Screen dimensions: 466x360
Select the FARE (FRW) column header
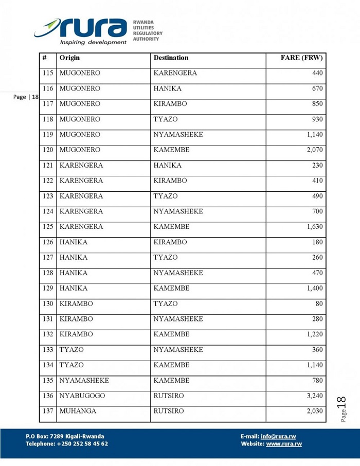[x=301, y=58]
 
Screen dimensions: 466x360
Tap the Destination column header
[x=171, y=58]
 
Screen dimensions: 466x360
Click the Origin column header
[x=69, y=58]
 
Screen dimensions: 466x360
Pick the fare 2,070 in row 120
[x=314, y=150]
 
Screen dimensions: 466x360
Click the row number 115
[x=48, y=74]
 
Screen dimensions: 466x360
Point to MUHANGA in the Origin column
[x=78, y=411]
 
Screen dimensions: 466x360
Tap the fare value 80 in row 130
[x=319, y=304]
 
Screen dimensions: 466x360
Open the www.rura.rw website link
[x=284, y=444]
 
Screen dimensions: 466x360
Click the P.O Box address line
[x=65, y=437]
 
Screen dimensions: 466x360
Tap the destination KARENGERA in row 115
[x=175, y=74]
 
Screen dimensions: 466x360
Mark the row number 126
[x=48, y=242]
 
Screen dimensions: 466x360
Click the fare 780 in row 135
[x=317, y=381]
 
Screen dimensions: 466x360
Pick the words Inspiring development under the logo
[x=93, y=42]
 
